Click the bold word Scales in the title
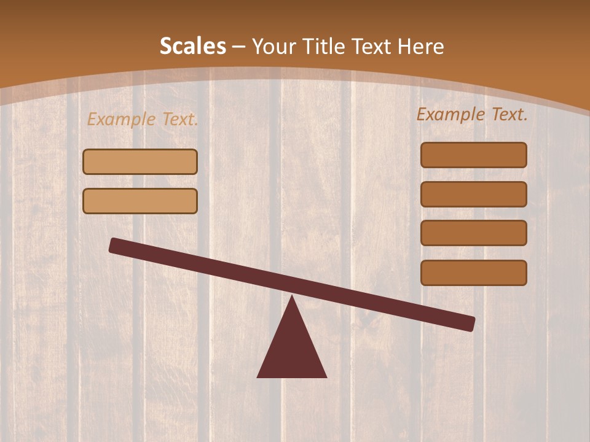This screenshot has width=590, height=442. point(192,46)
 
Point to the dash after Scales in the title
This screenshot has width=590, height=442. point(238,47)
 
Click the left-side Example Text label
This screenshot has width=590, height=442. point(143,119)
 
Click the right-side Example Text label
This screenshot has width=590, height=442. point(472,114)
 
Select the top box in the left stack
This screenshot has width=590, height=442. point(140,162)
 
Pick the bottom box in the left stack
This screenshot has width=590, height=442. point(140,201)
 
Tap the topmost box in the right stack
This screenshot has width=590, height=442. point(474,155)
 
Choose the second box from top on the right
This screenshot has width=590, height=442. point(474,195)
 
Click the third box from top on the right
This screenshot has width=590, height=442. point(474,233)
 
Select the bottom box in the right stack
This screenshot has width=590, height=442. point(474,273)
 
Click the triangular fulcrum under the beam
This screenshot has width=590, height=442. point(292,350)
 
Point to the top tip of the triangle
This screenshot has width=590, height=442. point(293,298)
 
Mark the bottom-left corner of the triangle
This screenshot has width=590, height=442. point(259,376)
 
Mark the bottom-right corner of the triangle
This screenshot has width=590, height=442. point(325,376)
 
